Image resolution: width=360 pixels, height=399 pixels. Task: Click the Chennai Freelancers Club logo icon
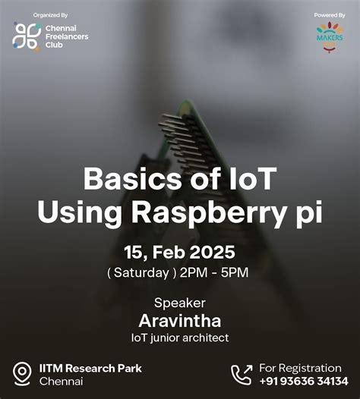[27, 36]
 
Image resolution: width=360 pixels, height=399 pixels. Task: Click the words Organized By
[51, 14]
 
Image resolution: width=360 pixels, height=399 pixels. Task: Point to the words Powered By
[330, 14]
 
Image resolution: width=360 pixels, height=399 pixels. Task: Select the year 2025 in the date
[212, 251]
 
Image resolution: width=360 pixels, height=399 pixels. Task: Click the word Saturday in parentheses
[145, 272]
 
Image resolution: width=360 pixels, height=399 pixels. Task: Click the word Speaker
[179, 302]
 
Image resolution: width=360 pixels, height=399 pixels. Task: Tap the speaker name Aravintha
[179, 320]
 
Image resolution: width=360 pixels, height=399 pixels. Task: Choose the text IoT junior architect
[179, 337]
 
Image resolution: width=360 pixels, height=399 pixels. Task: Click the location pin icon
[22, 373]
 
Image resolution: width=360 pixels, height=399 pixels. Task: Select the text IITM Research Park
[90, 368]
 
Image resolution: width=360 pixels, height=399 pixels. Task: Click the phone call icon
[242, 373]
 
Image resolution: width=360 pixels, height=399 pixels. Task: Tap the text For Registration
[300, 367]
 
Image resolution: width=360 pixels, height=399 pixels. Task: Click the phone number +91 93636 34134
[304, 381]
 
